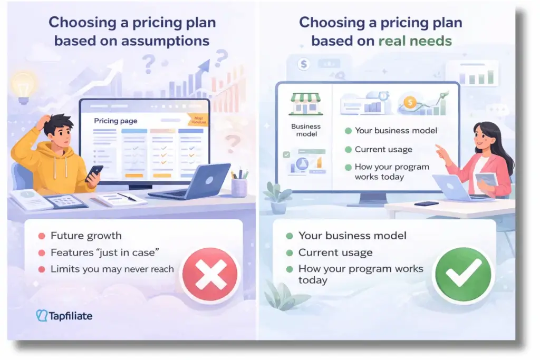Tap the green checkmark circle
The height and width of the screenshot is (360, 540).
coord(462,274)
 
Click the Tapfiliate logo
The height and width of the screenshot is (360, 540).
coord(64,316)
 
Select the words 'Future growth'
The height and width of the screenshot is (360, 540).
coord(86,236)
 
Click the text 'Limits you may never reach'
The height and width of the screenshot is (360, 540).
coord(112,269)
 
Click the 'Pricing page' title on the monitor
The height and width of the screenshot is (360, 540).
coord(115,121)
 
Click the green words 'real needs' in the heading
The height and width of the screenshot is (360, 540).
coord(416,41)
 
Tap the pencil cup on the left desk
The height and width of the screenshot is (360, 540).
coord(239,185)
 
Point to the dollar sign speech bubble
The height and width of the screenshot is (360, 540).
coord(303,64)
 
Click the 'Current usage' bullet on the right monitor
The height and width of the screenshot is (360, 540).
coord(383,149)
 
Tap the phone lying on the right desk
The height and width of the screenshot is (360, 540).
coord(426,203)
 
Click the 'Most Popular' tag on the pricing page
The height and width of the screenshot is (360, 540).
coord(198,120)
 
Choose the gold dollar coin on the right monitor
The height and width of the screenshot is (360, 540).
coord(410,102)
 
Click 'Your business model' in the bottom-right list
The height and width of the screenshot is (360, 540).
coord(352,236)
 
